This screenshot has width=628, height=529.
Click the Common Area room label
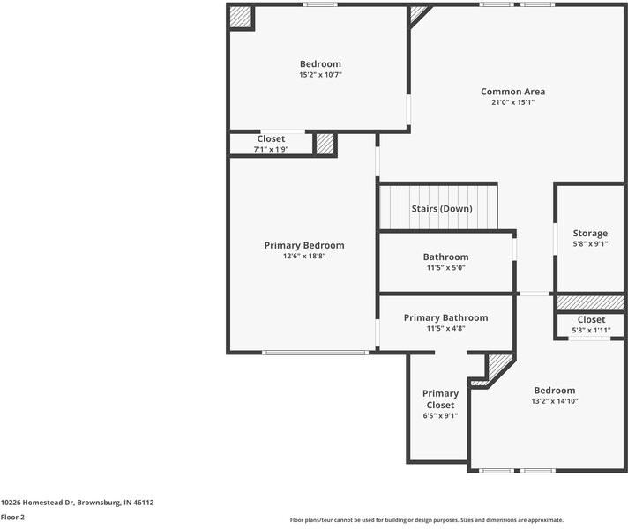point(512,92)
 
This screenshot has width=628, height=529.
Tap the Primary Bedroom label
point(304,245)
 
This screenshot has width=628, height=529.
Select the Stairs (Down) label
point(442,209)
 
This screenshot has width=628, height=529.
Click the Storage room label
point(590,234)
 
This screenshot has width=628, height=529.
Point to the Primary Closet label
point(440,399)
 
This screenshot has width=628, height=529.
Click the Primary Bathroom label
point(445,318)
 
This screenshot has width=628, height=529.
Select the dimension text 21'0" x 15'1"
point(512,102)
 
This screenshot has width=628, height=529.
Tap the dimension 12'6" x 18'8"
point(304,256)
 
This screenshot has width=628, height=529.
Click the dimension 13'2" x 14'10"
point(555,401)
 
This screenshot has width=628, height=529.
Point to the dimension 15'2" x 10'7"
point(320,74)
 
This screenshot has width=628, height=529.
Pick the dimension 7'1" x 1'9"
point(271,149)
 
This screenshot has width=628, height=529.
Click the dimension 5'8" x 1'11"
point(591,331)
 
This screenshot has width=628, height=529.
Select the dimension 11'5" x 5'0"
point(445,267)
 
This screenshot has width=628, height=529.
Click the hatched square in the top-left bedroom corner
point(240,17)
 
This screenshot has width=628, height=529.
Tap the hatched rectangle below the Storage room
point(590,302)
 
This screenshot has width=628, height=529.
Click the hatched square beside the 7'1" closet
point(325,145)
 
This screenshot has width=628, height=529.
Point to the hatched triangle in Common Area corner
point(417,14)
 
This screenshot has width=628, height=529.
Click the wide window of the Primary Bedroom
point(315,353)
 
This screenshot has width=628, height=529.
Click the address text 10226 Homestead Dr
point(38,503)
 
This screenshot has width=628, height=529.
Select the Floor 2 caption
point(12,518)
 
